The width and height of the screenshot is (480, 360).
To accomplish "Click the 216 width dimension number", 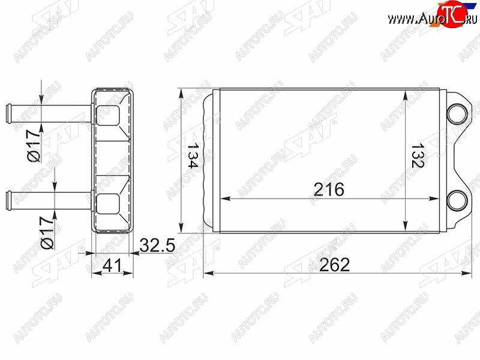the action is point(329,190).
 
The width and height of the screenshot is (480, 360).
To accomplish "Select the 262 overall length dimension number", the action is point(334,265).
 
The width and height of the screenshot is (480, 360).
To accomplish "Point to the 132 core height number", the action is point(417,155).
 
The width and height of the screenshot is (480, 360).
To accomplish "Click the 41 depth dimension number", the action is point(112,265).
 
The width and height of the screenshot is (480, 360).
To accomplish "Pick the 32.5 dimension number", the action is point(157,245).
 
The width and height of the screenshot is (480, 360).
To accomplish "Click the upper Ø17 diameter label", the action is point(34,146).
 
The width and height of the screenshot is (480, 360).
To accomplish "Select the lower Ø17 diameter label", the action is point(47,233).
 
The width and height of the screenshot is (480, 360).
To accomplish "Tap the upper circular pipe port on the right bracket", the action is point(457,114).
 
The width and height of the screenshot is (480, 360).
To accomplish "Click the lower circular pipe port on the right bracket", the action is point(457,200).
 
